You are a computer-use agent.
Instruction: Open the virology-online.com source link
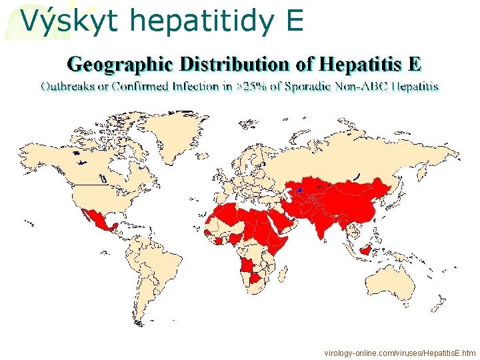[400, 351]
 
